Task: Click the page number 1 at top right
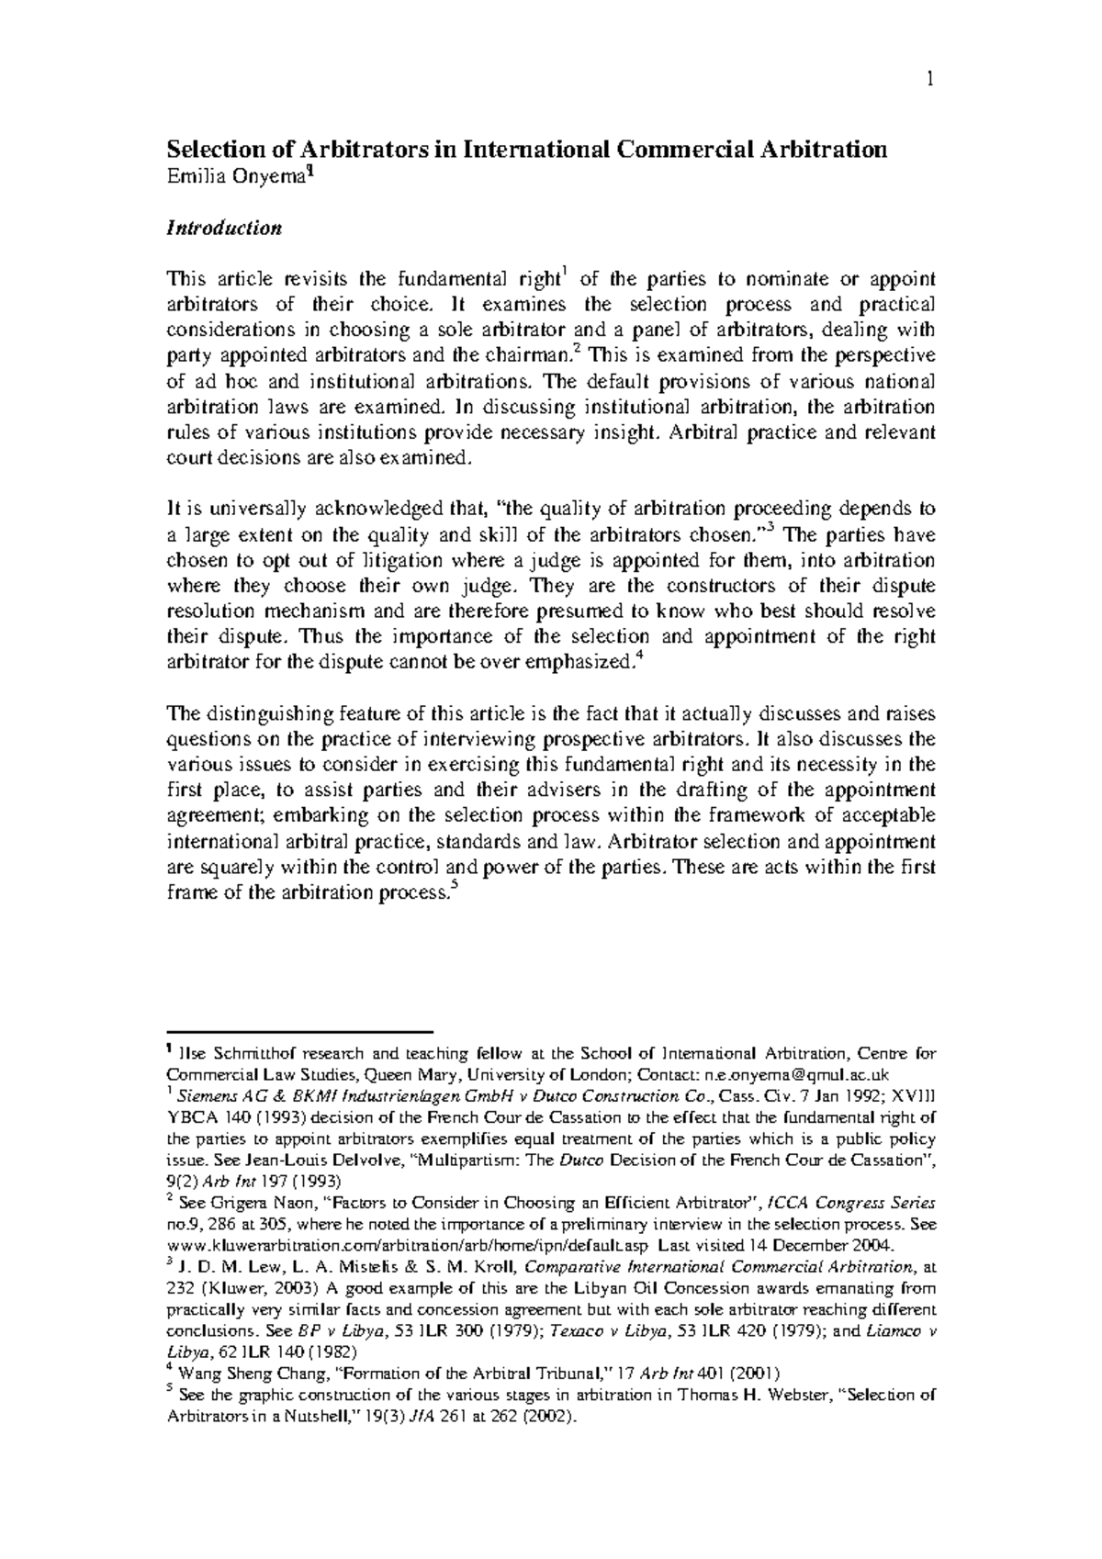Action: click(929, 82)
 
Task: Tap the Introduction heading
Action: click(223, 228)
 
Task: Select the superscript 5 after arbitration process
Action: click(455, 886)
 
